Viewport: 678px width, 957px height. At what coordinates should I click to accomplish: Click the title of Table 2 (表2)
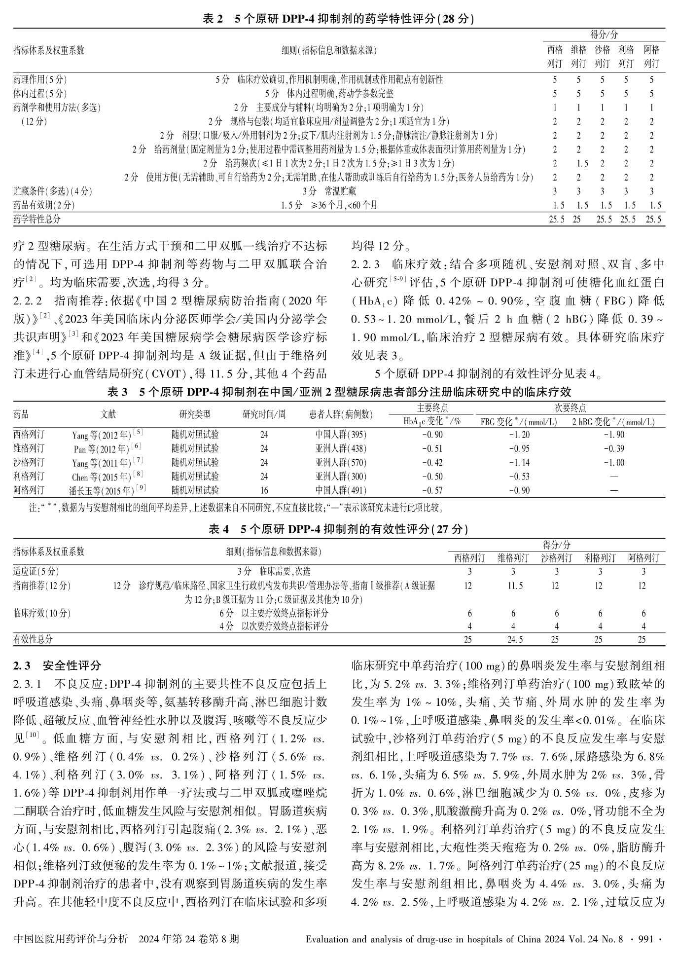point(338,19)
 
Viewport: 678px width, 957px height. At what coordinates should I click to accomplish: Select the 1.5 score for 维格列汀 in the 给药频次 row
point(582,163)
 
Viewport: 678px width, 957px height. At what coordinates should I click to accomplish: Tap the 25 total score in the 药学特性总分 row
point(576,219)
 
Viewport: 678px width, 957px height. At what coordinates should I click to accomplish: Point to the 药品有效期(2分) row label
point(44,205)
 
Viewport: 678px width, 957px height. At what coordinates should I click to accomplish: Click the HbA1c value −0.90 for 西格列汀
point(432,435)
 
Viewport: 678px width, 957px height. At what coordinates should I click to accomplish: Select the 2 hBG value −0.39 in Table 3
point(613,448)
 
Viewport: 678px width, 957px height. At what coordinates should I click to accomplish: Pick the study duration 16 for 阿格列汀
point(264,490)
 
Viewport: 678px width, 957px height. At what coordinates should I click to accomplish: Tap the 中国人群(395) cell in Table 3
point(341,435)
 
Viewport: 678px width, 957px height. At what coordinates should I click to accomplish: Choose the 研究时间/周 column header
point(264,414)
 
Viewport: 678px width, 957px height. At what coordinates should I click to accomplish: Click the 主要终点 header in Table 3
point(432,408)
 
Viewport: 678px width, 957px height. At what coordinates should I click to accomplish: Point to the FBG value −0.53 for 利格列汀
point(519,477)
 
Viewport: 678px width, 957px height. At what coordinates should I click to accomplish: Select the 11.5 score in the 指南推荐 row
point(513,586)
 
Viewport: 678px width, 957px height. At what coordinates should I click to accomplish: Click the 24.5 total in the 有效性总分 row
point(513,639)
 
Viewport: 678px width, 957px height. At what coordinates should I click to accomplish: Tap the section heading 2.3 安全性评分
point(57,665)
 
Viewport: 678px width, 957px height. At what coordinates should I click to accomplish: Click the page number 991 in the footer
point(645,939)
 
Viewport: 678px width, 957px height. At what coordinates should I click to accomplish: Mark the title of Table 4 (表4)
point(338,529)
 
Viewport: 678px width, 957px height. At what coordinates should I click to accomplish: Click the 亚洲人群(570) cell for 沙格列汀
point(341,463)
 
